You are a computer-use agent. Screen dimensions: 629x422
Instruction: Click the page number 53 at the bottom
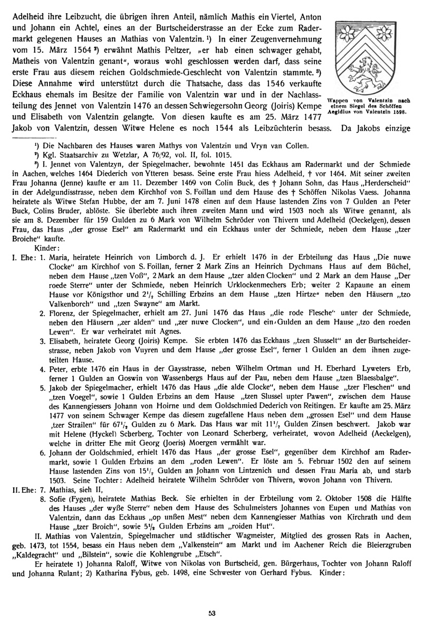pyautogui.click(x=211, y=612)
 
